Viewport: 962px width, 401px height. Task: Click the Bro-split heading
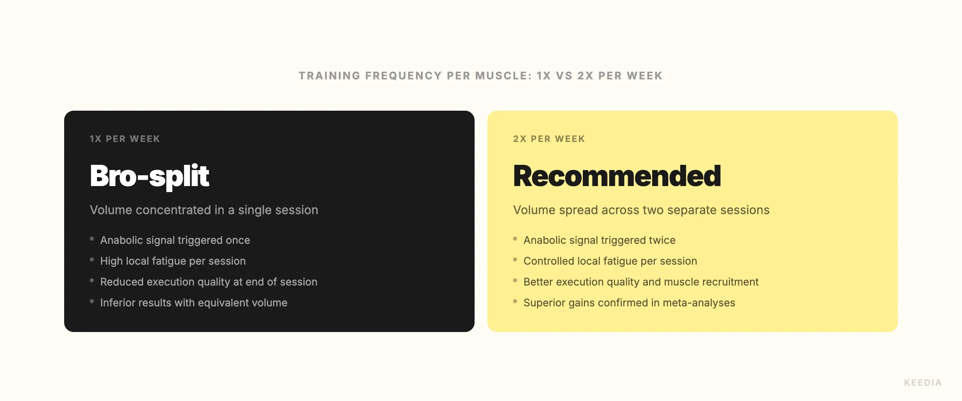(149, 176)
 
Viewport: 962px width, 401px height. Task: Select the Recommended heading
(617, 176)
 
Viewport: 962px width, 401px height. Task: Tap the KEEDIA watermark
(923, 383)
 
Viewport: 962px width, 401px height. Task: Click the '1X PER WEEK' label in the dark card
(125, 139)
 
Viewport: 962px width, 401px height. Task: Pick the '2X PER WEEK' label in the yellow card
(549, 139)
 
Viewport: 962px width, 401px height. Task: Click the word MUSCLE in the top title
(503, 76)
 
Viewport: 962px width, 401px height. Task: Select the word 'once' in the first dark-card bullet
(238, 240)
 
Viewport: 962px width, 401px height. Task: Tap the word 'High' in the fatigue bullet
(111, 261)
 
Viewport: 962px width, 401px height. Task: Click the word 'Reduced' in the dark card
(121, 282)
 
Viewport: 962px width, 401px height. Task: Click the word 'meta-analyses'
(699, 303)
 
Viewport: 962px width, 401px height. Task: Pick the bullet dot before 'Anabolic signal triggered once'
(92, 239)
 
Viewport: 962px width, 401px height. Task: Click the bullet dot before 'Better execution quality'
(515, 281)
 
